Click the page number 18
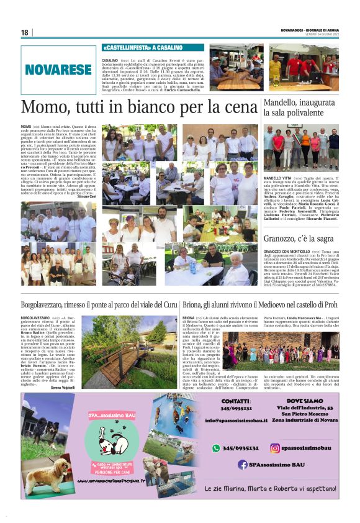25,32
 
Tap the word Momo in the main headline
43,108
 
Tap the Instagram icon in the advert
274,448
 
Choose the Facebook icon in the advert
243,464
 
